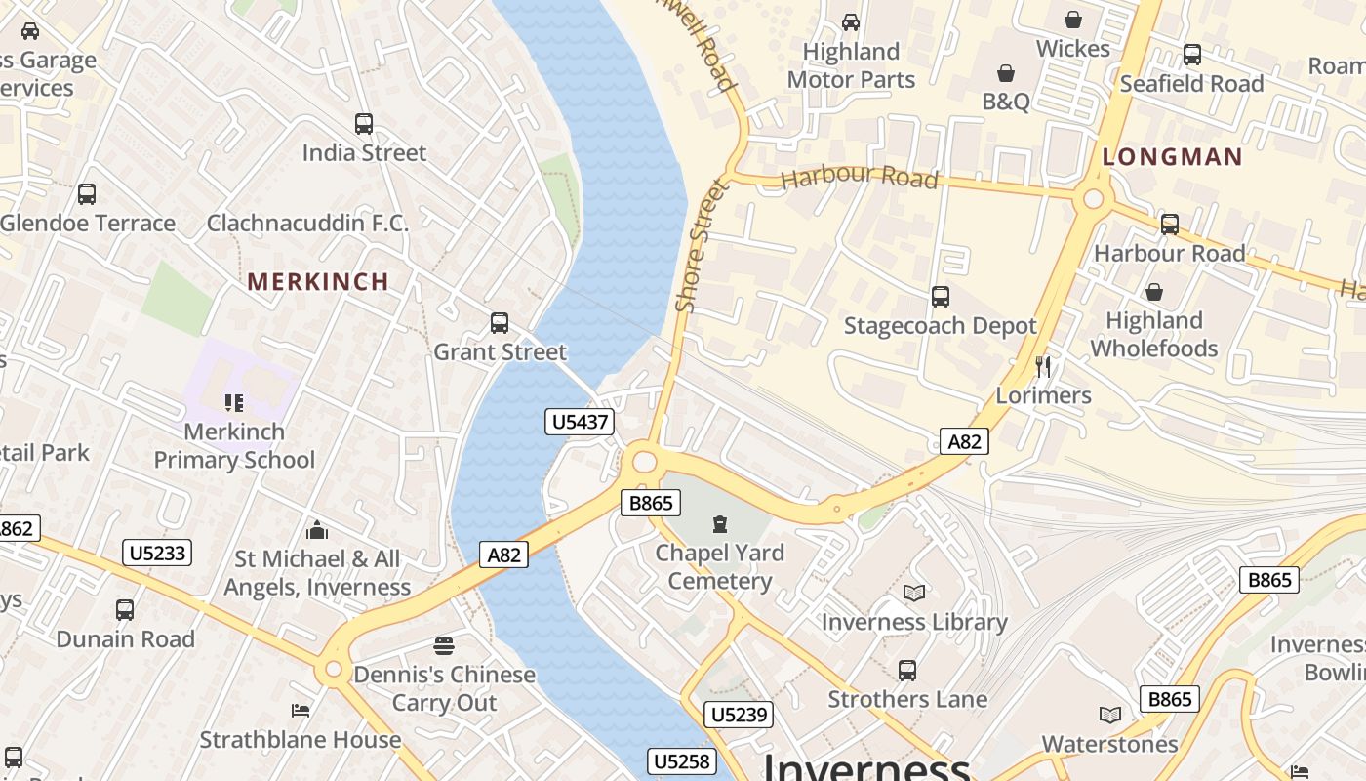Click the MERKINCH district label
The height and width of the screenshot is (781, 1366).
point(318,282)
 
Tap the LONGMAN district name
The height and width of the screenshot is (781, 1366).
point(1172,157)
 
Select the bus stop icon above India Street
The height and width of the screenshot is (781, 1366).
point(364,124)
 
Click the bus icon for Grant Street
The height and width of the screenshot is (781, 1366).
point(500,322)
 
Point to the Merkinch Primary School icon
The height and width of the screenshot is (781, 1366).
point(234,402)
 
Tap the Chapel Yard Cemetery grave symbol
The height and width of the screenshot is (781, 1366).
point(720,524)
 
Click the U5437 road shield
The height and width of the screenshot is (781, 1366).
point(580,422)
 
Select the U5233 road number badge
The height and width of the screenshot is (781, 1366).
point(158,553)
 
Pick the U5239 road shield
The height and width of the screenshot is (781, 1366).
point(740,715)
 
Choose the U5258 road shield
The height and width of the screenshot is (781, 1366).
point(683,761)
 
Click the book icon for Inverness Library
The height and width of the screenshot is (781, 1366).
point(914,593)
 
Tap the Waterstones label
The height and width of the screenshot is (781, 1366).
point(1109,744)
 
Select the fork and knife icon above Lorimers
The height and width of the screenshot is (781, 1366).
point(1044,367)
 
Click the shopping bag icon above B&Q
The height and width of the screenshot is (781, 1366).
point(1006,73)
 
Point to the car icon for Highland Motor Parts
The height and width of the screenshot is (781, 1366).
point(851,22)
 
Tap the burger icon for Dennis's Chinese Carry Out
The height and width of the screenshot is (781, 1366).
point(444,646)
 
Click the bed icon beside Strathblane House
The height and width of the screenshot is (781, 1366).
point(301,710)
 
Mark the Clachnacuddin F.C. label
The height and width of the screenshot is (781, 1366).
point(307,223)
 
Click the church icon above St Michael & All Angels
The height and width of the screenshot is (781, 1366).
point(317,530)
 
